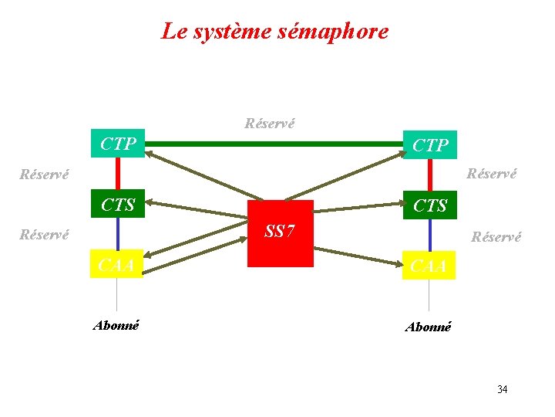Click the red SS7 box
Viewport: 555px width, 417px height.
pos(281,233)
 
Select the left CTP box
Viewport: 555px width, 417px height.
pos(117,144)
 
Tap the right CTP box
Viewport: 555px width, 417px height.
pos(430,145)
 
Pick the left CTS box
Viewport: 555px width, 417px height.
pos(117,205)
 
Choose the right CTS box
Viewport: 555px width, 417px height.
pos(430,205)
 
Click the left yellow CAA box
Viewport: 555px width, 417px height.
pos(116,265)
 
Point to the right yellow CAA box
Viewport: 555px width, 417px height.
pos(429,266)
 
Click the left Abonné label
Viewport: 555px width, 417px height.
pos(116,325)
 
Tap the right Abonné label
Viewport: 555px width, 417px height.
pos(429,327)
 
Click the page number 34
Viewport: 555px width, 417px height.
pos(502,389)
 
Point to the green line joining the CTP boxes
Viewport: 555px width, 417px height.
pos(274,144)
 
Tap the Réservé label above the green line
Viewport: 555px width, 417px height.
pos(269,123)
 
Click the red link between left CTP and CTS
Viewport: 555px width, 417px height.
pos(117,174)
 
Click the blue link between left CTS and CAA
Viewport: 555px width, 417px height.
pos(117,235)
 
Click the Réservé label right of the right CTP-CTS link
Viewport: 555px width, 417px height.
pos(492,174)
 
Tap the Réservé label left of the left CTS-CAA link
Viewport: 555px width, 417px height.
pos(44,234)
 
